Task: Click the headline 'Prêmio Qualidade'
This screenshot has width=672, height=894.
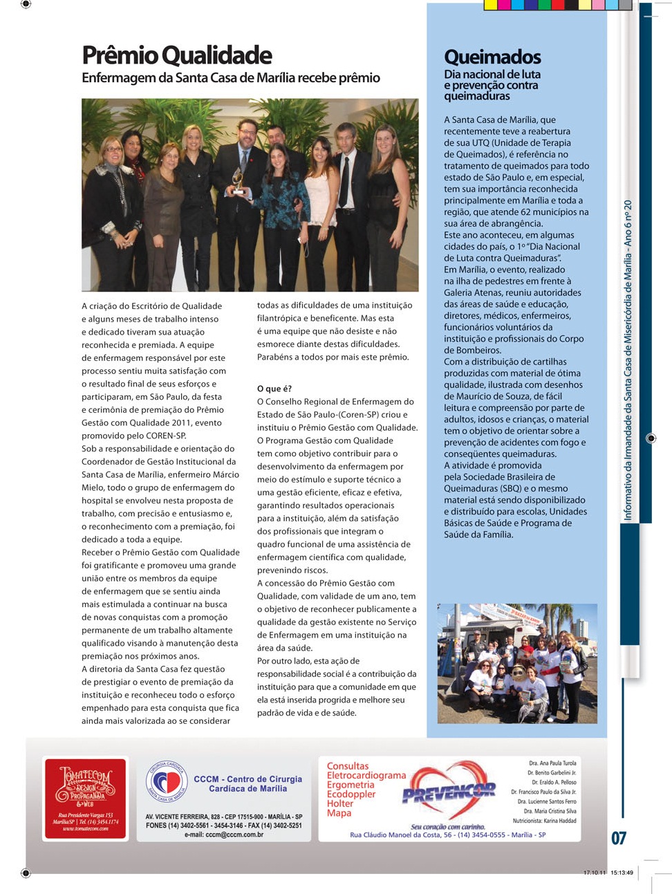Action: coord(177,55)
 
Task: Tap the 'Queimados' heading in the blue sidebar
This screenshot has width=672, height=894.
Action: coord(492,57)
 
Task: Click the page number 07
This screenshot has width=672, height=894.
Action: coord(618,838)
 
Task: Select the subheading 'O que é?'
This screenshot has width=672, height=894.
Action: coord(274,389)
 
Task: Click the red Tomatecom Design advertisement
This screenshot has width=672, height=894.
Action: coord(86,799)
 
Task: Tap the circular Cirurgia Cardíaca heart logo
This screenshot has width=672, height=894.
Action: coord(167,783)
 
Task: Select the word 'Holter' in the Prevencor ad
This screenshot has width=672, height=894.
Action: coord(340,803)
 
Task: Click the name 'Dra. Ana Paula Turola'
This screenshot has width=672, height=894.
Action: coord(552,763)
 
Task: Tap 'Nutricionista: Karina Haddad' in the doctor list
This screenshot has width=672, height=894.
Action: coord(544,821)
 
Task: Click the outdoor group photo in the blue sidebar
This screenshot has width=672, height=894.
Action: coord(517,663)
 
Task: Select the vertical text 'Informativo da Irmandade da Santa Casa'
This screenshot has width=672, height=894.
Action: coord(628,360)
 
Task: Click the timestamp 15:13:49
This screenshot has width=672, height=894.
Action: coord(622,873)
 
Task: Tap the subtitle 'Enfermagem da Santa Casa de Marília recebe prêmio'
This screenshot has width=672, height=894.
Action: coord(231,78)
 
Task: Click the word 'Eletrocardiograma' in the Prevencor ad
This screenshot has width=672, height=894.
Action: coord(366,776)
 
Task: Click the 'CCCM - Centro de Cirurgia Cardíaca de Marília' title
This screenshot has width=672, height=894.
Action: coord(248,783)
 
